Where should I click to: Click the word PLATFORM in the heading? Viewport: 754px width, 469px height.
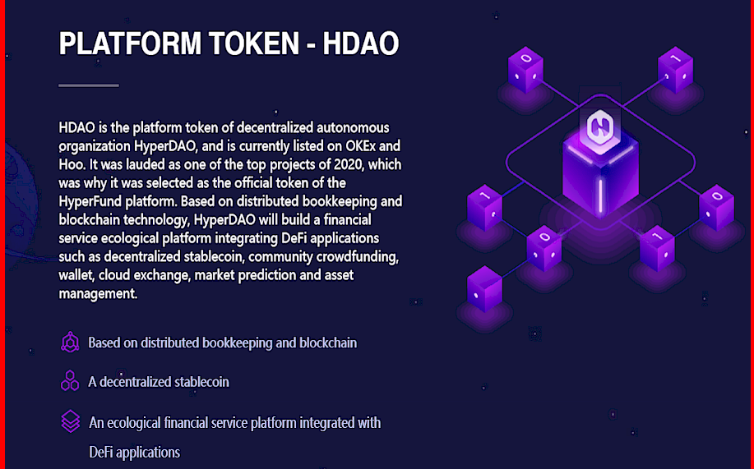point(130,44)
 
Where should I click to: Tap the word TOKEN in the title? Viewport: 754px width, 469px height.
point(254,44)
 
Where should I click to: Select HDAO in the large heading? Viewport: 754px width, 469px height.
point(361,44)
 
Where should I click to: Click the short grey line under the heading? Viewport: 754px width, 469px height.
point(89,85)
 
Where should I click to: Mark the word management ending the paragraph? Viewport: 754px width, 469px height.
point(98,293)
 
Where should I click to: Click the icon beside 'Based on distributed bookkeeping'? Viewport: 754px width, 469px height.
point(70,343)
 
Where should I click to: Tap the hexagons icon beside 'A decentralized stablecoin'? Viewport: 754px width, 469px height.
point(70,380)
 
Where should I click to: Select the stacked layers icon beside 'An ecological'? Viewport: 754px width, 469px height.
point(70,421)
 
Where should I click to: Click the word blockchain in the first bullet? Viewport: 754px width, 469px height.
point(328,343)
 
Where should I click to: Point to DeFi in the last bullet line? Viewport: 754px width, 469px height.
point(101,453)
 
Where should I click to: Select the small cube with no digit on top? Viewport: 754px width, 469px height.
point(485,289)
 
